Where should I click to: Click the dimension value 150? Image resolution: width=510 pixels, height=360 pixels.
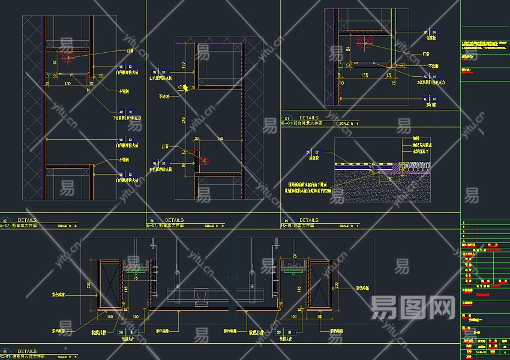point(68,83)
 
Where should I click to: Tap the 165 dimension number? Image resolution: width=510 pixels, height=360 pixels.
point(220,139)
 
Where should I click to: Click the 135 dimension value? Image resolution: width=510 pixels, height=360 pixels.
point(364,76)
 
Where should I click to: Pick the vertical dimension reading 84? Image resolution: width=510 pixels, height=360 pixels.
point(347,47)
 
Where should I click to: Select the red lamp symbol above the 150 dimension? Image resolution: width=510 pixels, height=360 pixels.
point(67,58)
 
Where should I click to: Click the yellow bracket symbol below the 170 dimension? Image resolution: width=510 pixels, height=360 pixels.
point(186,88)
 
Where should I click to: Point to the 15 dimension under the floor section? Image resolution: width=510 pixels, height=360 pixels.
point(389,179)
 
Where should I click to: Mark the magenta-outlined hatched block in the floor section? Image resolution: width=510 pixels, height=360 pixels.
point(389,172)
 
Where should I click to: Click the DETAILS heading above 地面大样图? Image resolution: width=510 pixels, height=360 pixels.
point(309,220)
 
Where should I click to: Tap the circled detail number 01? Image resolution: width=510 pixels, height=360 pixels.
point(286,118)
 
